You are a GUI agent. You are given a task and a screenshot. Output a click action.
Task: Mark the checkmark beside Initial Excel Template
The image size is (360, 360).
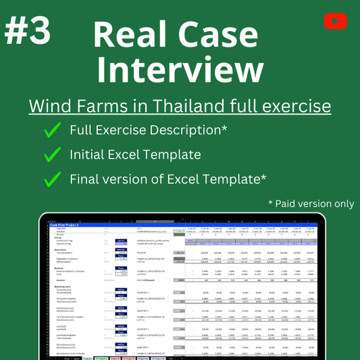click(51, 154)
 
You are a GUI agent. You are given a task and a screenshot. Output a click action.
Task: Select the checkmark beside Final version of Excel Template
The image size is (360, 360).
click(51, 179)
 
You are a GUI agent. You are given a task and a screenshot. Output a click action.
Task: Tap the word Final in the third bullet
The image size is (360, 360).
click(86, 179)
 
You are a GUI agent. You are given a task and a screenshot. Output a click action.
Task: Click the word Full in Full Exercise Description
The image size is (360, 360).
click(82, 129)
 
